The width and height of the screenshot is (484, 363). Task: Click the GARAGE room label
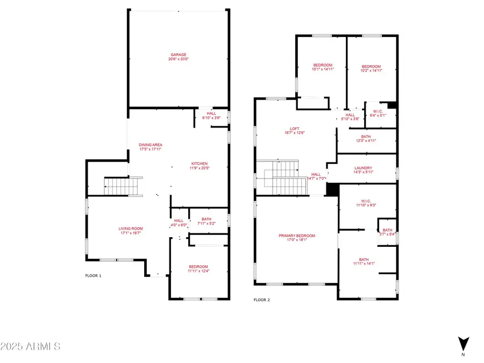(x=178, y=55)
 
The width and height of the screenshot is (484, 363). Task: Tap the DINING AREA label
(x=151, y=145)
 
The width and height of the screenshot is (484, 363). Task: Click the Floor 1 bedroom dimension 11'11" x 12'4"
(x=198, y=271)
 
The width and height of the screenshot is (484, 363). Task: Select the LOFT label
(x=294, y=129)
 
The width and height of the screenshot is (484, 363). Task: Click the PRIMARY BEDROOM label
(x=297, y=236)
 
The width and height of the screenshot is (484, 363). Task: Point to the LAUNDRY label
(x=364, y=168)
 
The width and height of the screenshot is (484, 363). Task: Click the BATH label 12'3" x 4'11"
(x=366, y=137)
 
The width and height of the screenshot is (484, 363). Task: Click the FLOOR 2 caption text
(x=261, y=300)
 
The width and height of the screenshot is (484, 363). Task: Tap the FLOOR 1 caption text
(x=93, y=275)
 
